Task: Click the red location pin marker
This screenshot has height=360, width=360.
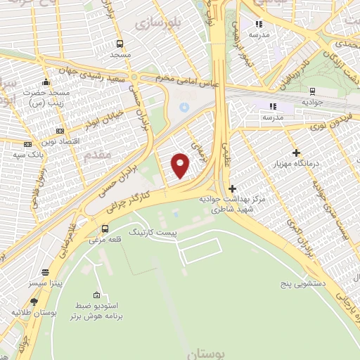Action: [x=181, y=165]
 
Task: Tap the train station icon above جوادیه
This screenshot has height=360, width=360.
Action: [x=311, y=91]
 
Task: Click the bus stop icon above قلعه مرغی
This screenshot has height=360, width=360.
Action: [x=105, y=229]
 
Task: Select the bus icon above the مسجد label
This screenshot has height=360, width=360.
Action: [x=120, y=41]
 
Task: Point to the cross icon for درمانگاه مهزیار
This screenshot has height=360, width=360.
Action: [x=296, y=153]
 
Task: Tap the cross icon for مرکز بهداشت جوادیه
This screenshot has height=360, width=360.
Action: [x=233, y=188]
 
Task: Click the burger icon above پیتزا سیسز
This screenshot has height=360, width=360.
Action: [x=46, y=272]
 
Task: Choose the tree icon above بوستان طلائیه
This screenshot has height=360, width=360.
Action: [x=34, y=302]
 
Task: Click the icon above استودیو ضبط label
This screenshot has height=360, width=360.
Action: [x=96, y=295]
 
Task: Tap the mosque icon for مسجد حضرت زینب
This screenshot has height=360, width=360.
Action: [x=46, y=82]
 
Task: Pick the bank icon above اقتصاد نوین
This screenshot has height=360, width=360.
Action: [x=60, y=130]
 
